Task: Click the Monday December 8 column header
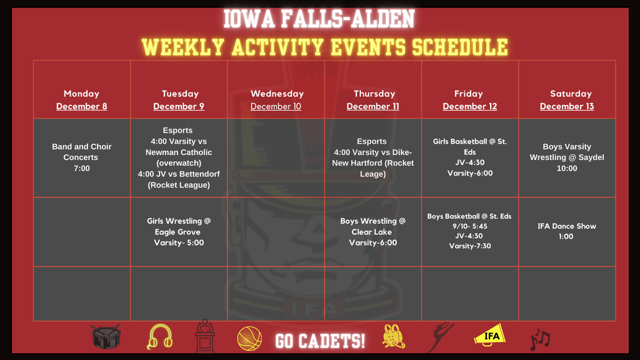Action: point(82,100)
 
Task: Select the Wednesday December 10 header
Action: point(276,100)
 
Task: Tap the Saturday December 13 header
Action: point(567,100)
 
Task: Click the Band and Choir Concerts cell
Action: point(82,157)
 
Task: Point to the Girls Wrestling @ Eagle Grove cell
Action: point(179,232)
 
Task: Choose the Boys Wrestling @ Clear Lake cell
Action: point(373,232)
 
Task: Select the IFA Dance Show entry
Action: point(567,231)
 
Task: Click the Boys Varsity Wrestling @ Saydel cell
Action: point(567,157)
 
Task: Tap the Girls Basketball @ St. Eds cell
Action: point(470,157)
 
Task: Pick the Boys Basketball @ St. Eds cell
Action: point(470,231)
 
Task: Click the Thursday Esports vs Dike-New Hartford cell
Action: point(373,157)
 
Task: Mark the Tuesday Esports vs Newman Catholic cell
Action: point(179,157)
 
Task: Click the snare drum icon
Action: point(106,337)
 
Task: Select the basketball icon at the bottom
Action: point(249,339)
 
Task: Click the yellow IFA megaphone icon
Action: point(489,336)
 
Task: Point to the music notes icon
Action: point(539,339)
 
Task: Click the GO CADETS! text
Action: point(320,341)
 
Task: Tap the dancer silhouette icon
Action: point(441,337)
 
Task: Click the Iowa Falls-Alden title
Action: point(319,19)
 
